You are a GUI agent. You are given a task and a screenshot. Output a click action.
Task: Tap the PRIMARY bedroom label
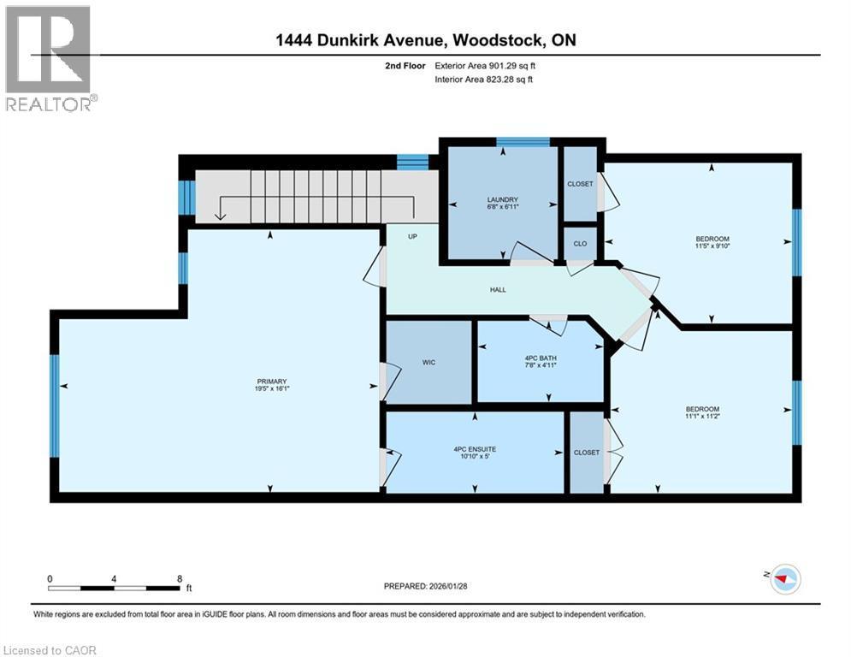270,382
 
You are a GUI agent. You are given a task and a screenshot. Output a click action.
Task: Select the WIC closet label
428,363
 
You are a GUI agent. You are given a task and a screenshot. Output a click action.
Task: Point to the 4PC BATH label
540,358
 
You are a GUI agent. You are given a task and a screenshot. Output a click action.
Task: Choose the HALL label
498,290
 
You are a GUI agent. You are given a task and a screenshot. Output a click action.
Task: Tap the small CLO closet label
579,243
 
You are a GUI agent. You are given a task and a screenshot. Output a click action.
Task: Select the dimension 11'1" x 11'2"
702,417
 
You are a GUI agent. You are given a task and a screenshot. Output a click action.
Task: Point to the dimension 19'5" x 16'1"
270,390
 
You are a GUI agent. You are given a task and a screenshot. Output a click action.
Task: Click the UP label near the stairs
412,236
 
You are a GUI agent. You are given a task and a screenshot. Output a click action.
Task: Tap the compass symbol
783,581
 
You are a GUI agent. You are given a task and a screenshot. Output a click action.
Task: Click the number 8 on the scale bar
179,578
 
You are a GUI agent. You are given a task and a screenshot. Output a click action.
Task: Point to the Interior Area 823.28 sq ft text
484,80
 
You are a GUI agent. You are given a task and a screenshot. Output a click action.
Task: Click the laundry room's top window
523,142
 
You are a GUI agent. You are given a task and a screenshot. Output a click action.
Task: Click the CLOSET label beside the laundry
580,184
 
